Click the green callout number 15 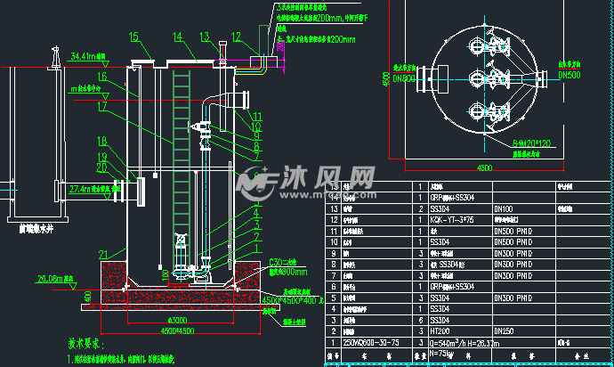(x=134, y=37)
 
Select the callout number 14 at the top (x=178, y=37)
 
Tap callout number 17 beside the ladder (x=102, y=106)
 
